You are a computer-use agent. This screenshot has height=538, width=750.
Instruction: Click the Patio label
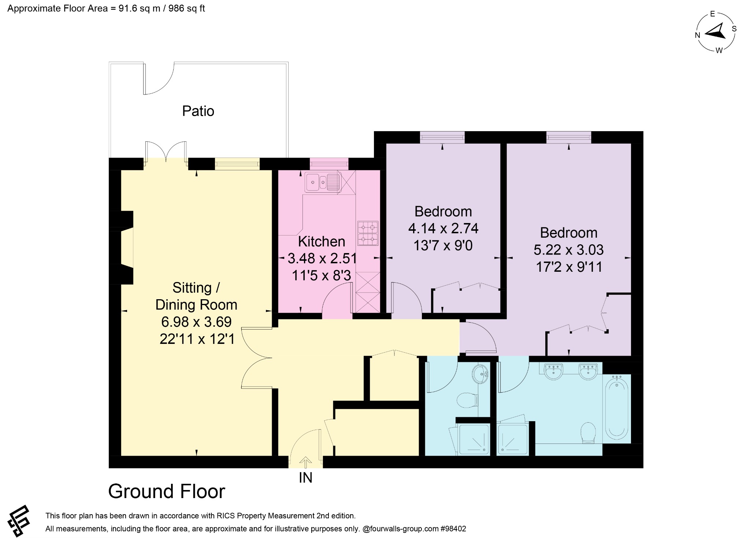pyautogui.click(x=198, y=111)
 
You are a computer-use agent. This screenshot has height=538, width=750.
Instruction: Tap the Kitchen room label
pyautogui.click(x=322, y=242)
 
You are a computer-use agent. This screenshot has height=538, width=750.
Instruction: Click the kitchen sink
pyautogui.click(x=323, y=182)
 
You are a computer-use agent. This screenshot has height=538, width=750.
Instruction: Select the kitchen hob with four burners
pyautogui.click(x=368, y=233)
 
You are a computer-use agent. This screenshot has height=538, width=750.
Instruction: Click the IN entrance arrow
pyautogui.click(x=306, y=463)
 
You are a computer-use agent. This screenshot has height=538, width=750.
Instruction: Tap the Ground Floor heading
pyautogui.click(x=167, y=491)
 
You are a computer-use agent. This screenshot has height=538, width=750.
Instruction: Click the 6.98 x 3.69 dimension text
pyautogui.click(x=197, y=322)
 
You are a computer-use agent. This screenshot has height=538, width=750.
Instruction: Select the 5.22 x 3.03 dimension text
pyautogui.click(x=569, y=250)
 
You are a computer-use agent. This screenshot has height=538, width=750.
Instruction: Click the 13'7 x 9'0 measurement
pyautogui.click(x=443, y=245)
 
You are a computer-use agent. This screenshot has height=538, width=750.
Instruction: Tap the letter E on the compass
pyautogui.click(x=712, y=14)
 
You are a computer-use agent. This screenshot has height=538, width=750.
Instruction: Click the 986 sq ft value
pyautogui.click(x=187, y=8)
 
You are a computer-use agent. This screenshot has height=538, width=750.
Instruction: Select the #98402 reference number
pyautogui.click(x=453, y=528)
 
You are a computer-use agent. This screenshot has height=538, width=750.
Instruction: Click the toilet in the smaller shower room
pyautogui.click(x=468, y=400)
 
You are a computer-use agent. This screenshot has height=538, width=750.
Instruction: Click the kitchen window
pyautogui.click(x=329, y=164)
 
